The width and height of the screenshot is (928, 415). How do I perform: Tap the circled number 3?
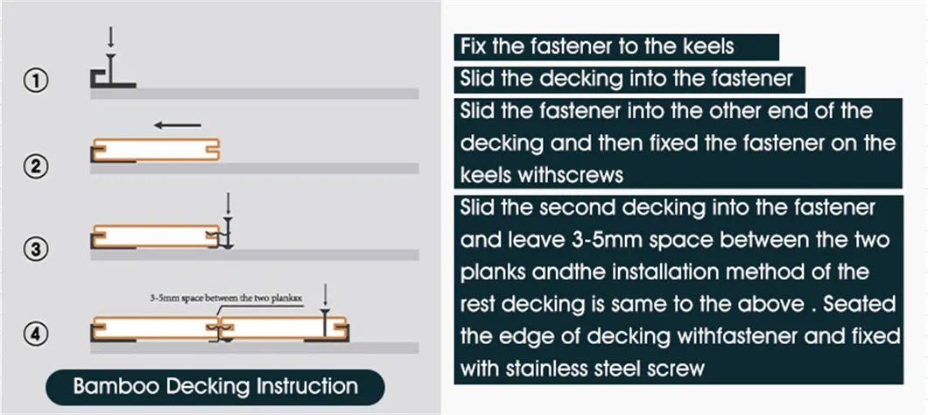pyautogui.click(x=34, y=250)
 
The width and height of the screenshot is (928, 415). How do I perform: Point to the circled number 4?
pyautogui.click(x=34, y=334)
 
